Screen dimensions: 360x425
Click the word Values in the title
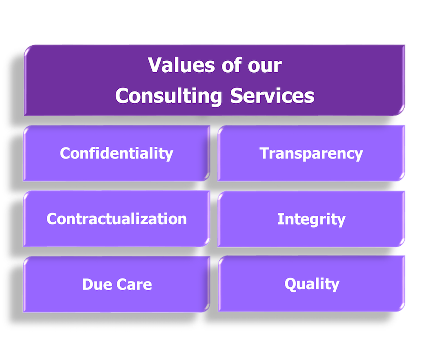pos(176,65)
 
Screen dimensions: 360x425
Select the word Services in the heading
pos(272,96)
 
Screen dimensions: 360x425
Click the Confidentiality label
pos(116,153)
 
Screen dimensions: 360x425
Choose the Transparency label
pos(311,153)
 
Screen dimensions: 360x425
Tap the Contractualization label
pos(116,218)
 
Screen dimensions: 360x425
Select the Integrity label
pos(311,219)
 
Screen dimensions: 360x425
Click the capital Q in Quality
pos(290,283)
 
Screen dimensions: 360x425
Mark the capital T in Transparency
pos(264,153)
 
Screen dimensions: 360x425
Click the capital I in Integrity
pos(280,219)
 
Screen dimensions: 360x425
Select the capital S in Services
pos(237,96)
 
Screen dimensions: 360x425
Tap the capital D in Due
pos(87,284)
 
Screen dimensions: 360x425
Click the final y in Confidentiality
pos(169,155)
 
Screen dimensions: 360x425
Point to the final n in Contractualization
pos(182,219)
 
